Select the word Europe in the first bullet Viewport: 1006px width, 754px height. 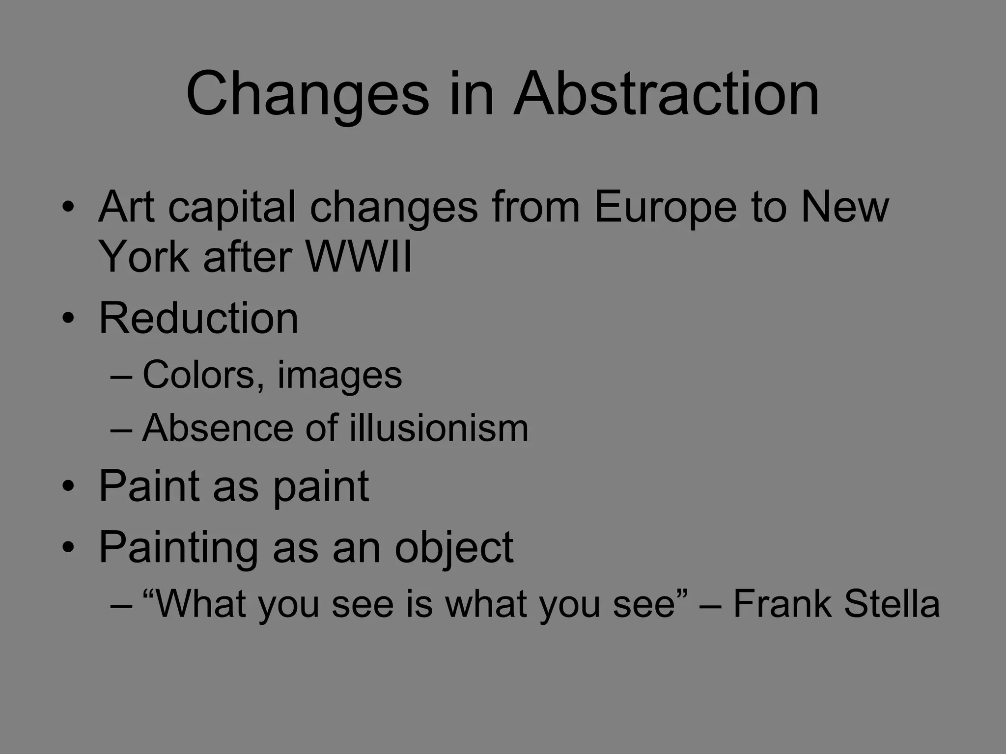(x=665, y=207)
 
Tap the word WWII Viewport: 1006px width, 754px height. (x=359, y=257)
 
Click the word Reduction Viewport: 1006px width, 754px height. (x=198, y=318)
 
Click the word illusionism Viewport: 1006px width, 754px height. (x=439, y=428)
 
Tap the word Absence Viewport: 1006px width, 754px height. (x=216, y=428)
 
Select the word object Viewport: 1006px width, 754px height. (x=454, y=548)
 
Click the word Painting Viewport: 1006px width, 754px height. (x=178, y=548)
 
